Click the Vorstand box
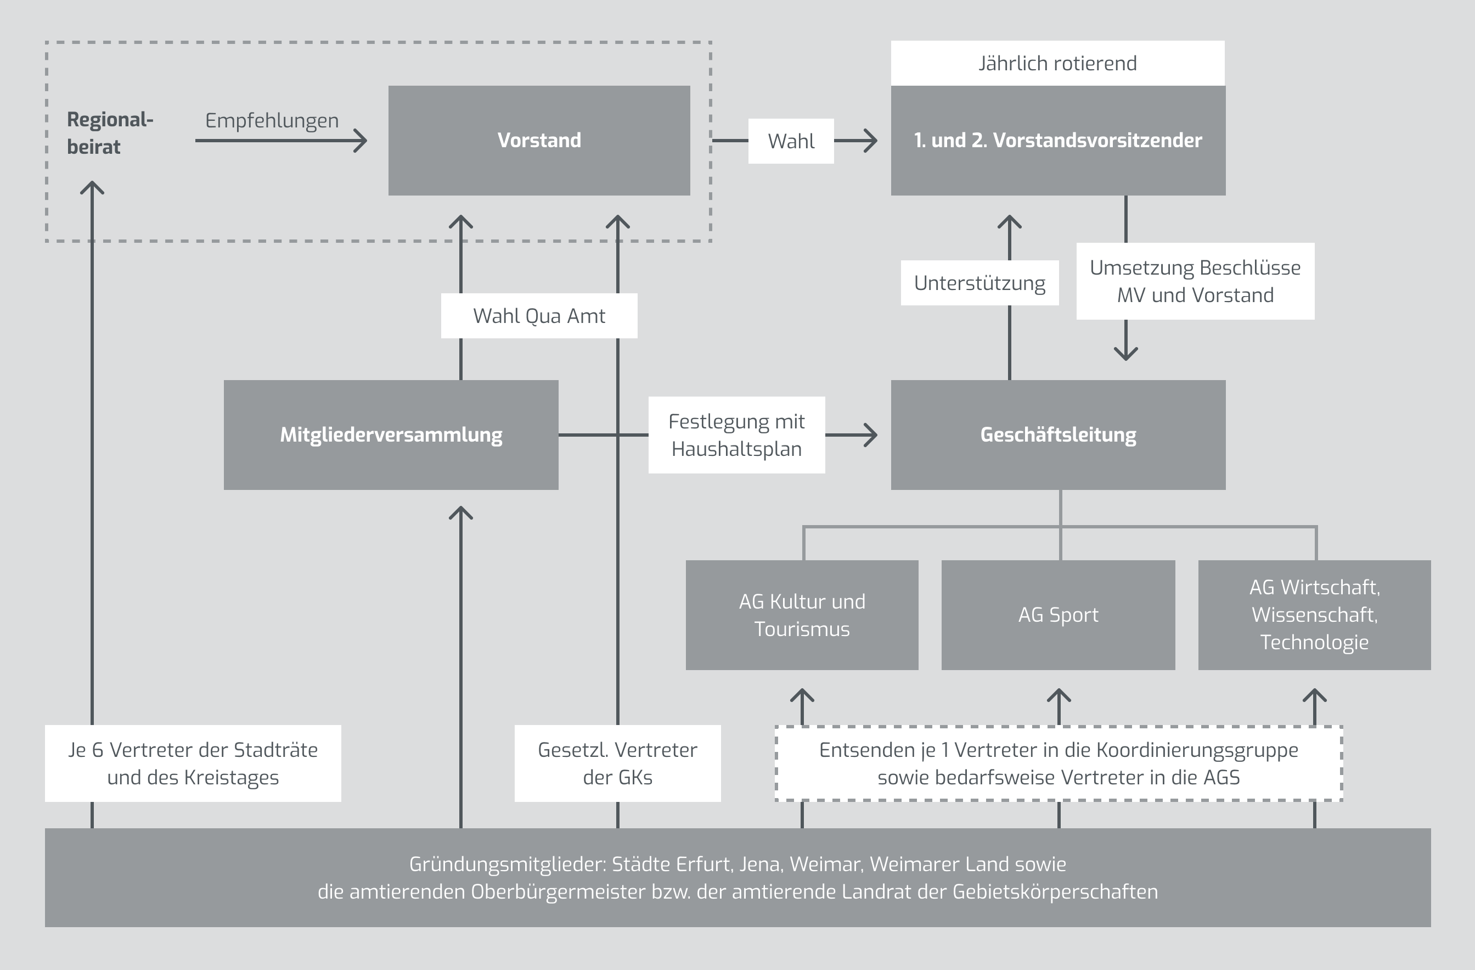coord(539,140)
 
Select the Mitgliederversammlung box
coord(391,435)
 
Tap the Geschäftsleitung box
coord(1058,435)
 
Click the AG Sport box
coord(1058,615)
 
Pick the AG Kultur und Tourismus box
coord(802,615)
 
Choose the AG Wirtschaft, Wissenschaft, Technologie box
coord(1314,615)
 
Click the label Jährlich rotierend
coord(1057,63)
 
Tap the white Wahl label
coord(791,141)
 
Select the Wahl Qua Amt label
coord(539,316)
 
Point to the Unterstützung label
coord(979,283)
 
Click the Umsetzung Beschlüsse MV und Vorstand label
coord(1195,281)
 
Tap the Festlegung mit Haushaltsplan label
coord(736,435)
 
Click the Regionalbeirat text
coord(110,133)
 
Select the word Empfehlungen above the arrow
coord(272,120)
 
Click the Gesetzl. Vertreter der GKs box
coord(617,763)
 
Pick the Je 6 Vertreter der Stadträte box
coord(193,763)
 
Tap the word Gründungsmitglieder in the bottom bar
coord(507,864)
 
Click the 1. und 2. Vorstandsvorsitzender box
coord(1058,140)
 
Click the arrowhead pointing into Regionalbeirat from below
coord(92,187)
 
